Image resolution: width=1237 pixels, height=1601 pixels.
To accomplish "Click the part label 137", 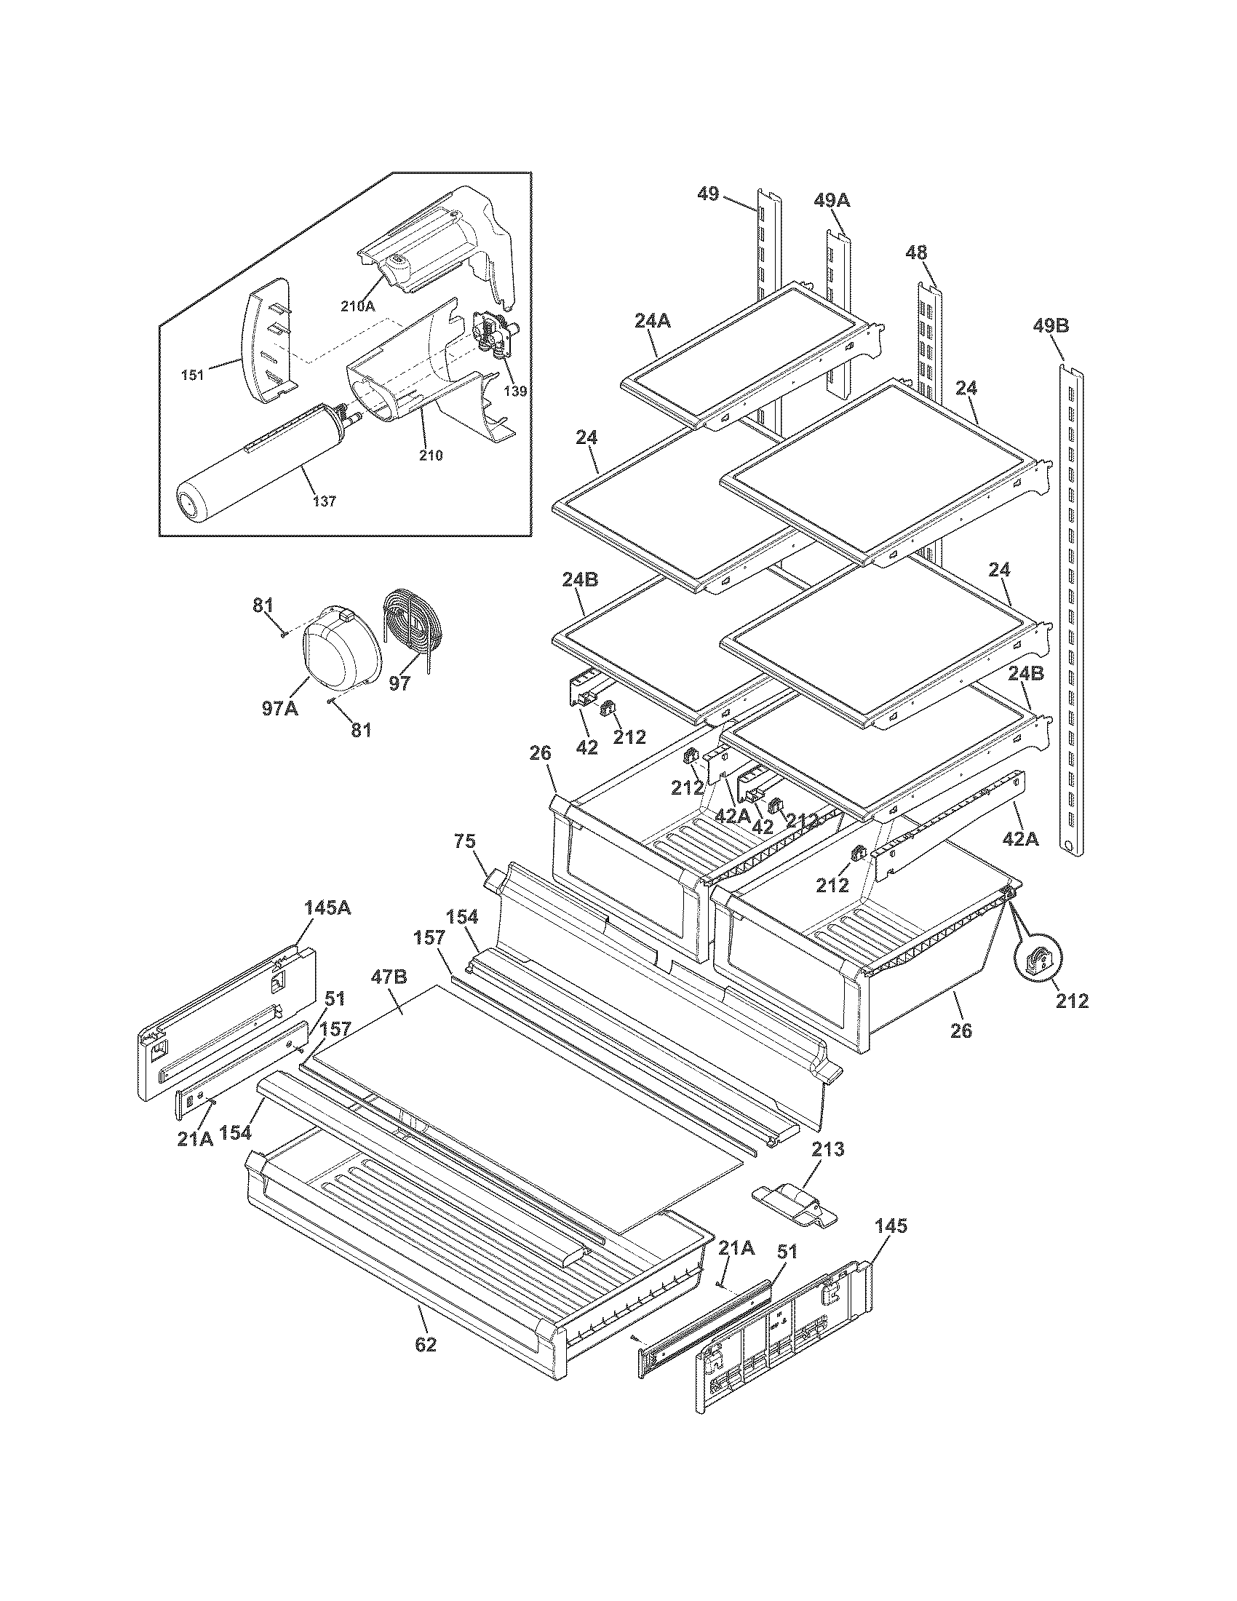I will (x=325, y=501).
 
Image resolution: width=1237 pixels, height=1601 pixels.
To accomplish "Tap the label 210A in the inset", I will (x=357, y=306).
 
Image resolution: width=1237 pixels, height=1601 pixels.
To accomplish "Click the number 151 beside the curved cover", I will (x=192, y=376).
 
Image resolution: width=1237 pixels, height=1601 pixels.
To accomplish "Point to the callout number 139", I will (x=515, y=391).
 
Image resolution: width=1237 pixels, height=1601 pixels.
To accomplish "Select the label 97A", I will (x=280, y=708).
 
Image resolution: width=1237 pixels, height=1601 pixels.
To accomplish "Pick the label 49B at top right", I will (x=1051, y=325).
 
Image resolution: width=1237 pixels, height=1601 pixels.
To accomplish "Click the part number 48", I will (x=916, y=253).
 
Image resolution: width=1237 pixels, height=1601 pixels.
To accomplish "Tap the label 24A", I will (x=652, y=320).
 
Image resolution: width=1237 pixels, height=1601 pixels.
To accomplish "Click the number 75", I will (x=465, y=841).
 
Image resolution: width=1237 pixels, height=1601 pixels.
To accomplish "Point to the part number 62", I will (x=425, y=1344).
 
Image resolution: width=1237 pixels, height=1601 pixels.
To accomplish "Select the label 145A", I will (x=327, y=907).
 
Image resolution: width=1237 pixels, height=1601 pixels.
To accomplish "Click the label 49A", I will (x=832, y=199).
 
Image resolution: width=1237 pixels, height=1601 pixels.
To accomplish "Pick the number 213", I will (x=827, y=1148).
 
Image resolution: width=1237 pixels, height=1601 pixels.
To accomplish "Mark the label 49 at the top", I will (x=708, y=194).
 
